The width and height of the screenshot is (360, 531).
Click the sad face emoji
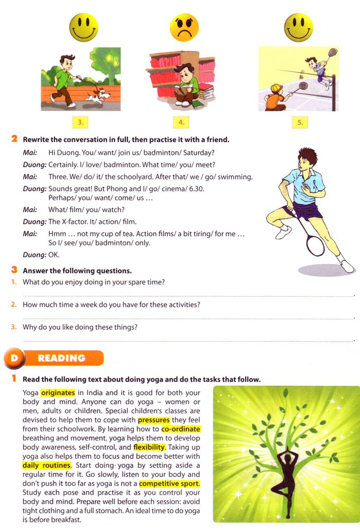[x=184, y=27]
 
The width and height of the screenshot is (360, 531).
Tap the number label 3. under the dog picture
[x=80, y=122]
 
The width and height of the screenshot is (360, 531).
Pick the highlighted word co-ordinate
[x=181, y=429]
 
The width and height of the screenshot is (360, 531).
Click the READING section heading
[x=62, y=358]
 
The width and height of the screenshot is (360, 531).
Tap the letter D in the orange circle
[x=14, y=358]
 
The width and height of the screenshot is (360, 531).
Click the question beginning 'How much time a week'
[x=111, y=305]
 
